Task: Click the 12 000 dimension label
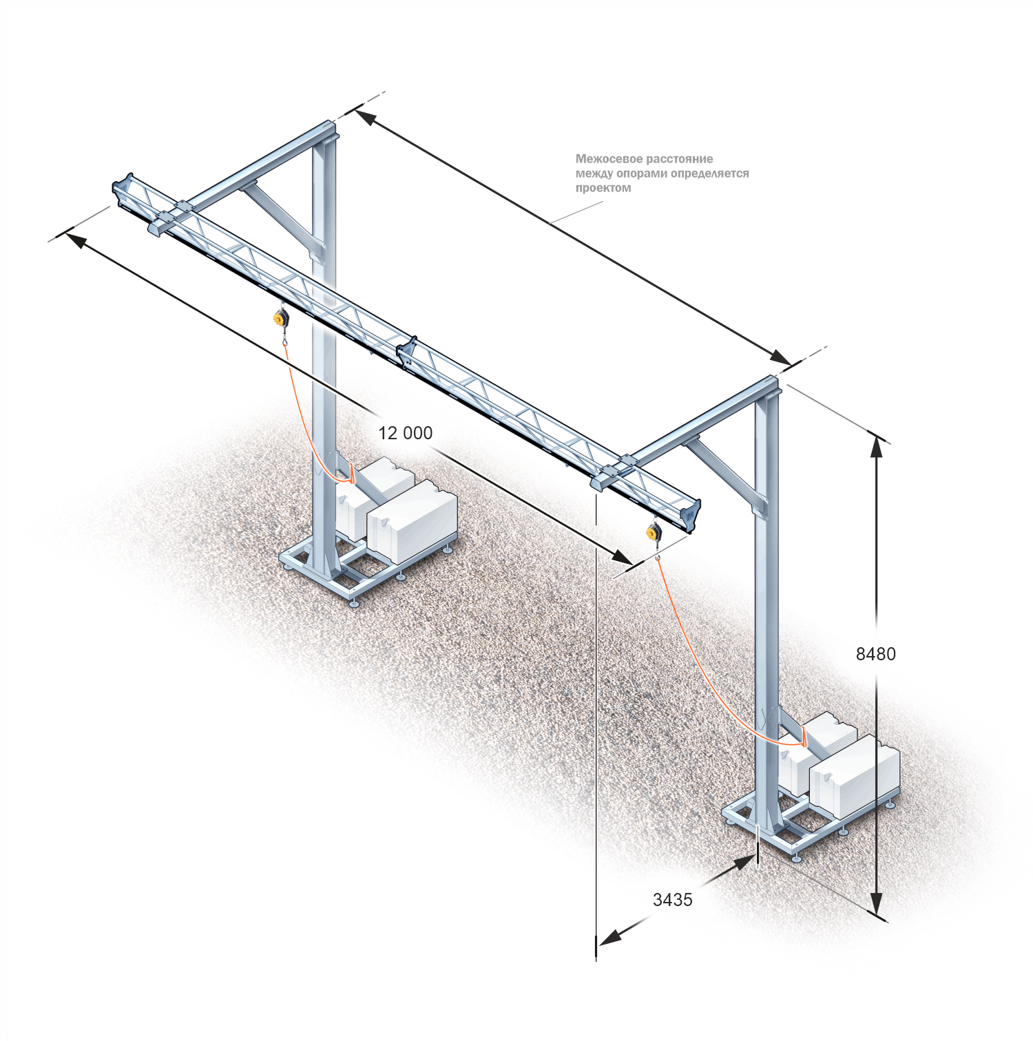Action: click(406, 433)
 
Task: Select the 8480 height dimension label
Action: click(876, 654)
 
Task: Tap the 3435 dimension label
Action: click(673, 900)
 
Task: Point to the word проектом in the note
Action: click(603, 188)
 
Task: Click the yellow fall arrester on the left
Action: click(281, 318)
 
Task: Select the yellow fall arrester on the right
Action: click(654, 532)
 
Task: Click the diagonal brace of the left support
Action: click(282, 215)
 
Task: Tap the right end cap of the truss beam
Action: click(691, 515)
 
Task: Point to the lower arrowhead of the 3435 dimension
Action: click(609, 937)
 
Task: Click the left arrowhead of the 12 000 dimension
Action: click(76, 240)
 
